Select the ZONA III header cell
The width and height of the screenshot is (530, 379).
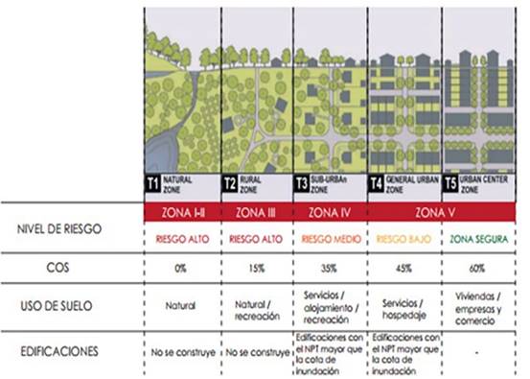256,207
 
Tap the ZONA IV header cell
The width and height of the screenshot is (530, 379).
330,207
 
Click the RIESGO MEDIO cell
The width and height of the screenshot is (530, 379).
330,233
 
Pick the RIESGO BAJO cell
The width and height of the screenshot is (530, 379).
403,233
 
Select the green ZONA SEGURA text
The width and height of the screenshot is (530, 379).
478,233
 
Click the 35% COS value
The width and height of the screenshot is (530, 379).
330,268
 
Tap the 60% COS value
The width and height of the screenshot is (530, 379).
478,268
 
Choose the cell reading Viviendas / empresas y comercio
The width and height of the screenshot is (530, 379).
478,306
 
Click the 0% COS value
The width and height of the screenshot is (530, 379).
180,268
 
